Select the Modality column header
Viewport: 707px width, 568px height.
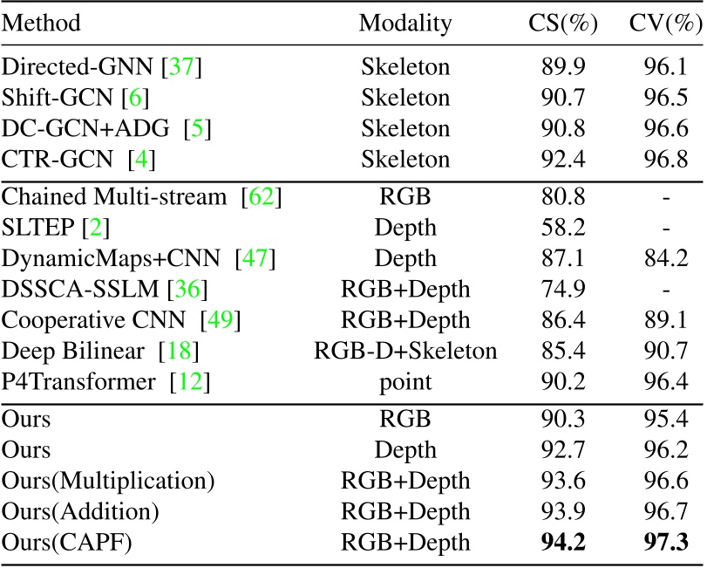click(x=405, y=24)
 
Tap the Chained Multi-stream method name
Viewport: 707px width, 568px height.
click(x=114, y=197)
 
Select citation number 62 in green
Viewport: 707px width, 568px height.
click(x=260, y=197)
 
